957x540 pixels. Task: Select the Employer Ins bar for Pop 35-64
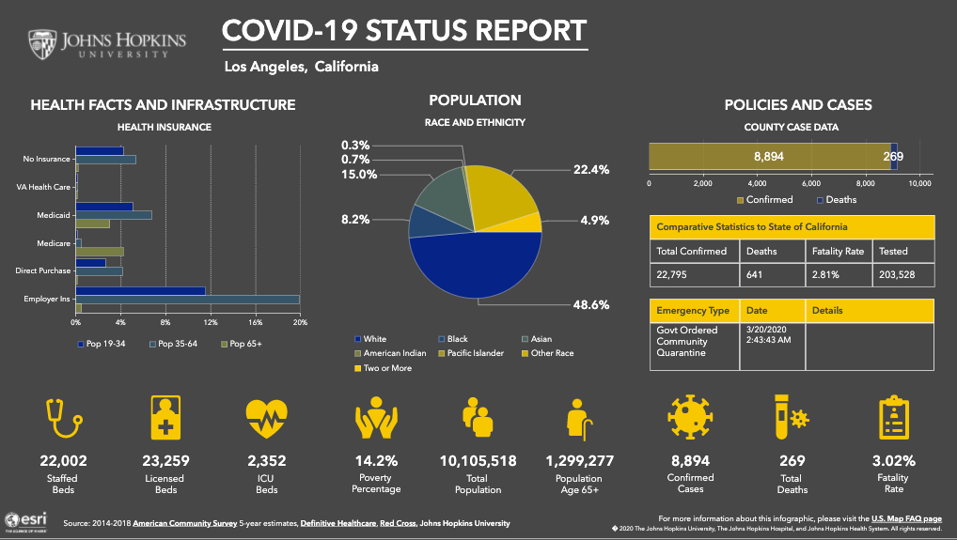click(187, 300)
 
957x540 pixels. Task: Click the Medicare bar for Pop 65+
click(100, 252)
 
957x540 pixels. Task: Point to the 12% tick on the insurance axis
click(211, 322)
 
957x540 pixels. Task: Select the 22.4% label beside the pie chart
click(591, 169)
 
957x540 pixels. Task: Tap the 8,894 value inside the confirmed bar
click(768, 156)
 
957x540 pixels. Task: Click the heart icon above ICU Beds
click(267, 420)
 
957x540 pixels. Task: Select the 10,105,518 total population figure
click(478, 461)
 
